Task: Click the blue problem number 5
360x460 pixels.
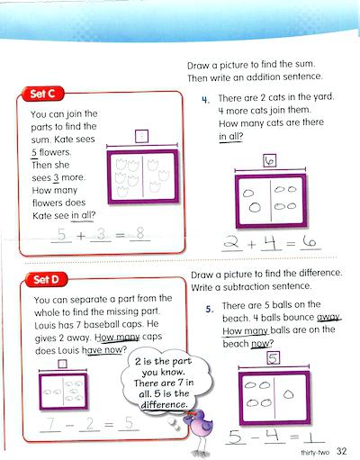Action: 206,309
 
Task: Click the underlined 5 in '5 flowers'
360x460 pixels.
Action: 33,152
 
